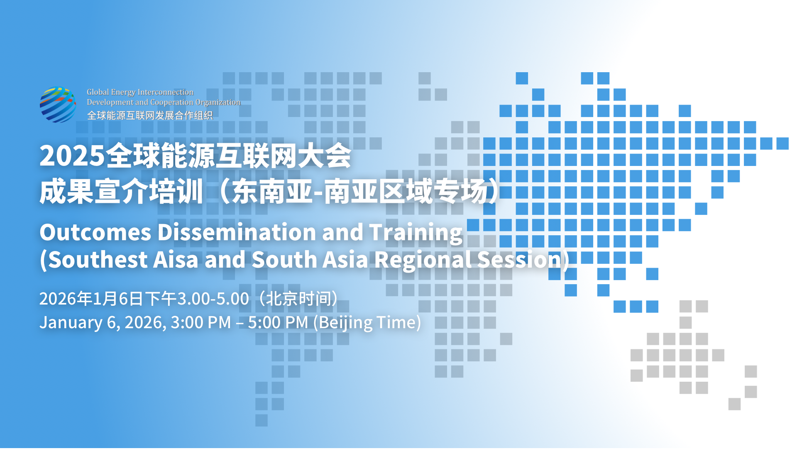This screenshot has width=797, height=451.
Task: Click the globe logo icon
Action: click(58, 105)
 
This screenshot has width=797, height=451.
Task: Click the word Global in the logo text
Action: click(98, 92)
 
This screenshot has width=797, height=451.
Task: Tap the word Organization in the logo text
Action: click(218, 102)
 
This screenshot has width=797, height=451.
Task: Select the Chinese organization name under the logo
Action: click(150, 115)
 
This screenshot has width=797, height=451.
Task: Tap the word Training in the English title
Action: click(416, 232)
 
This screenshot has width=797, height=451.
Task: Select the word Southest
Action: click(98, 260)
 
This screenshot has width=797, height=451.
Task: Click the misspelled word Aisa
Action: click(176, 260)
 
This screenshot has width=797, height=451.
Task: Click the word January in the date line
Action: click(71, 323)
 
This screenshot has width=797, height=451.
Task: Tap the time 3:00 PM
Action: click(201, 322)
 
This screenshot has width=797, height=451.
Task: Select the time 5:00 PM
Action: click(278, 322)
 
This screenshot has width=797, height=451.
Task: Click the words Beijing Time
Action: click(367, 322)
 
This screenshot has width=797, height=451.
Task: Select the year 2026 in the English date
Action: click(143, 322)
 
